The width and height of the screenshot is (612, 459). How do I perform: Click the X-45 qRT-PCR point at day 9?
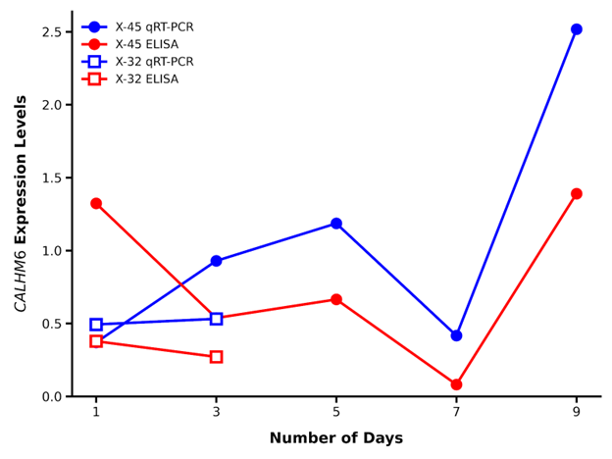click(577, 29)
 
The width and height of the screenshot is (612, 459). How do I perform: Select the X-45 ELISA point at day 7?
click(456, 384)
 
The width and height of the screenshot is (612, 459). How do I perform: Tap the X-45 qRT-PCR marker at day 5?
click(336, 224)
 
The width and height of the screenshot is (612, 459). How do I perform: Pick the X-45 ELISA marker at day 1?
click(96, 203)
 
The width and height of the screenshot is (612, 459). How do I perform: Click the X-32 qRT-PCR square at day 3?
click(216, 319)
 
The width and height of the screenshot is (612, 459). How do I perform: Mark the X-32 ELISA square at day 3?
click(216, 357)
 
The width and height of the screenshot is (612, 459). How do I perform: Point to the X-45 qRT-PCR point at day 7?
click(456, 335)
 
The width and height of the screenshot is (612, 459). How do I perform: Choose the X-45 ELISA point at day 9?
click(577, 194)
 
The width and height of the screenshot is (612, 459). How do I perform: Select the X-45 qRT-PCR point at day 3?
click(216, 261)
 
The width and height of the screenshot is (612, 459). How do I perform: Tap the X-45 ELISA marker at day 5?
click(336, 299)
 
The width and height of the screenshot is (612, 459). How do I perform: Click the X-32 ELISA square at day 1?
click(96, 341)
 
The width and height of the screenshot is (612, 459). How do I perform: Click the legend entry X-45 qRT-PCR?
click(154, 27)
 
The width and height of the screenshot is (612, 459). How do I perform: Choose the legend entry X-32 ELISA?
click(146, 79)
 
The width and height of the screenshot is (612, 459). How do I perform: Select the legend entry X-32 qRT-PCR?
click(154, 62)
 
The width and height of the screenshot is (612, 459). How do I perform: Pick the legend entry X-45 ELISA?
click(146, 45)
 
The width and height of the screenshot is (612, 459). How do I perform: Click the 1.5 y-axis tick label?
click(53, 178)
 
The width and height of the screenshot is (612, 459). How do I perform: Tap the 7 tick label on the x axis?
click(456, 412)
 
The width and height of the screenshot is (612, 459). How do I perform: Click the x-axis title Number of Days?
click(335, 438)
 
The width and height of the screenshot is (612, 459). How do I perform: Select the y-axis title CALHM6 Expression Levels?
click(21, 204)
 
